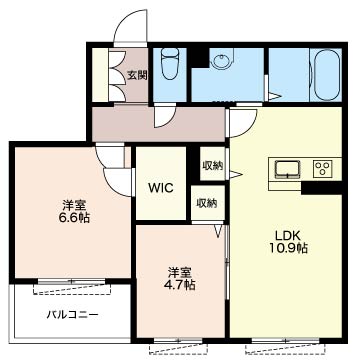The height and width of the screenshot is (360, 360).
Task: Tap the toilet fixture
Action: tap(169, 66)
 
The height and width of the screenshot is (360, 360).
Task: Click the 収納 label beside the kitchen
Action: tap(212, 166)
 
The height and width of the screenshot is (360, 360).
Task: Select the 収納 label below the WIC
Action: tap(206, 203)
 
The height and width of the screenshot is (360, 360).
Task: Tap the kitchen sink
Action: tap(286, 167)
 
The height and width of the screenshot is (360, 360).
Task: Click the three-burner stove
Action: tap(323, 167)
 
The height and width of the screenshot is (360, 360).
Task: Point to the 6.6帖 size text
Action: tap(72, 216)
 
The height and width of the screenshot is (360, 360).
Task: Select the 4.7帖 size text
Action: tap(181, 284)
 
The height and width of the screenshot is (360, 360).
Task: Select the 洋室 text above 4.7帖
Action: tap(180, 270)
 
